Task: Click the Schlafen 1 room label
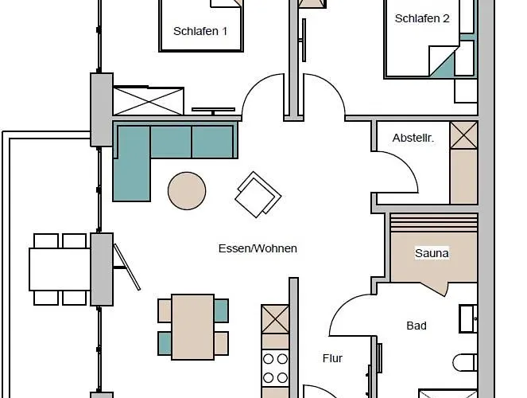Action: point(200,31)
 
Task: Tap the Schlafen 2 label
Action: point(422,18)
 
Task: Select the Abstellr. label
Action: point(413,138)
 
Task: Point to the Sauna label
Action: point(432,253)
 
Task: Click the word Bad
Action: point(417,326)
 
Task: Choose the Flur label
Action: point(332,358)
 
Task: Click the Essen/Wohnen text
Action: point(258,248)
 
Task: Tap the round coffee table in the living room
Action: point(187,191)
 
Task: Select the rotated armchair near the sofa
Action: point(258,194)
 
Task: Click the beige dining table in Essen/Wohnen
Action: point(193,327)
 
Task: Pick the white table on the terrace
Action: point(60,269)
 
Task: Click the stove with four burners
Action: point(275,369)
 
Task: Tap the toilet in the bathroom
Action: point(465,362)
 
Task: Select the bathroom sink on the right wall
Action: point(468,318)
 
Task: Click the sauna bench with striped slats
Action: point(434,222)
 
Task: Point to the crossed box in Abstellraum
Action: point(464,135)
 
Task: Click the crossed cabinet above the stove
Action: point(275,319)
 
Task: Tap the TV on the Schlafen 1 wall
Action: point(213,111)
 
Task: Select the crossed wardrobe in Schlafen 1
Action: point(148,101)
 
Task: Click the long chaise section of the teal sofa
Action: point(132,164)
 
